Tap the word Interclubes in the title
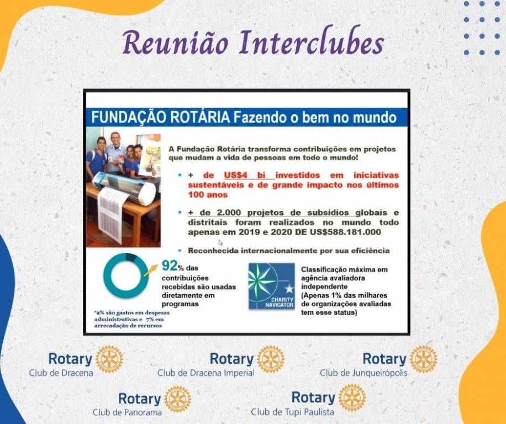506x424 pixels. pyautogui.click(x=312, y=43)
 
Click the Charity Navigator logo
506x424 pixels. pyautogui.click(x=271, y=287)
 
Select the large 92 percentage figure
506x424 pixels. pyautogui.click(x=170, y=266)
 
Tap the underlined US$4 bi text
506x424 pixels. pyautogui.click(x=248, y=175)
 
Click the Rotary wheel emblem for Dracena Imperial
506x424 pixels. pyautogui.click(x=271, y=359)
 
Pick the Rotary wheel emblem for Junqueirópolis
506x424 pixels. pyautogui.click(x=423, y=359)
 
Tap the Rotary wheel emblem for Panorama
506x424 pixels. pyautogui.click(x=177, y=399)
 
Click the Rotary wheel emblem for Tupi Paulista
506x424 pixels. pyautogui.click(x=352, y=398)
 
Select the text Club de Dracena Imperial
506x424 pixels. pyautogui.click(x=206, y=373)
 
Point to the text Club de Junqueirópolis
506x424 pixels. pyautogui.click(x=363, y=373)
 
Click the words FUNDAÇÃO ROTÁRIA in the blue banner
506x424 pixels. pyautogui.click(x=161, y=118)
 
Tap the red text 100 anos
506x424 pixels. pyautogui.click(x=208, y=195)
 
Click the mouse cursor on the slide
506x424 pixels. pyautogui.click(x=221, y=242)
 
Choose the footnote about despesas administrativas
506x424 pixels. pyautogui.click(x=131, y=319)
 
